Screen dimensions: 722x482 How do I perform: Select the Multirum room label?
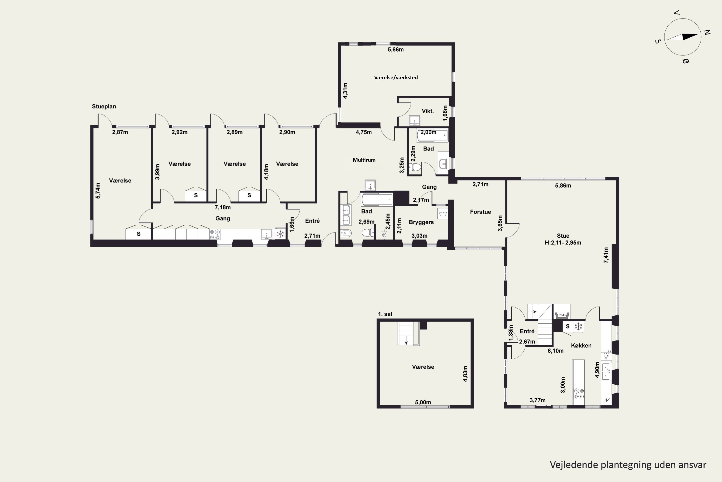click(x=364, y=160)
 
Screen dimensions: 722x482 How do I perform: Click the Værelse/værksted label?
click(x=396, y=77)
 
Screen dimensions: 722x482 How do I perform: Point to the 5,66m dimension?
click(x=396, y=49)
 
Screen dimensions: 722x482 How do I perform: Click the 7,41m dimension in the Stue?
click(x=606, y=255)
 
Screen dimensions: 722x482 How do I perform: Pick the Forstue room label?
click(x=480, y=212)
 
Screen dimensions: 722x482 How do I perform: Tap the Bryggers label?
click(x=421, y=222)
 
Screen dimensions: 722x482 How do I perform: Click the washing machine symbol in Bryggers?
click(x=442, y=213)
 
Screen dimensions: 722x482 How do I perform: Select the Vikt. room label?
click(x=428, y=111)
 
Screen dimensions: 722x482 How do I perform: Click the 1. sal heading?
click(x=385, y=314)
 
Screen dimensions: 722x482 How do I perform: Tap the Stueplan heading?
click(x=104, y=106)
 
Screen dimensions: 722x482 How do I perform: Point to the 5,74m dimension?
click(x=98, y=191)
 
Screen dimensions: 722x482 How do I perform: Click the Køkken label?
click(x=581, y=346)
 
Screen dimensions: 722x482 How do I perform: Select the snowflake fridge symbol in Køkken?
click(x=578, y=327)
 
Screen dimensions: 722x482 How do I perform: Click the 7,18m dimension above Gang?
click(x=223, y=208)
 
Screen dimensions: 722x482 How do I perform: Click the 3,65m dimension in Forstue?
click(x=500, y=223)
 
